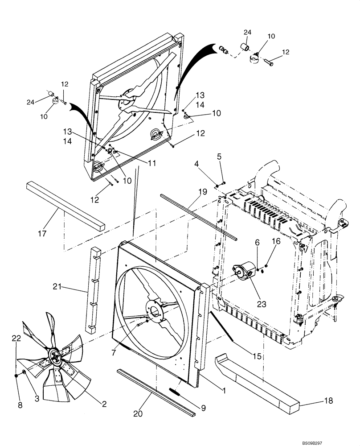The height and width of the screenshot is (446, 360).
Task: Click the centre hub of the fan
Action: coord(55,355)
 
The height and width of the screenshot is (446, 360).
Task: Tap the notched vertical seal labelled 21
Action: coord(94,290)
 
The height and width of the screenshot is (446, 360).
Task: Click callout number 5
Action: coord(219,157)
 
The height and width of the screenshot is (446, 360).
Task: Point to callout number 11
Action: coord(152,163)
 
